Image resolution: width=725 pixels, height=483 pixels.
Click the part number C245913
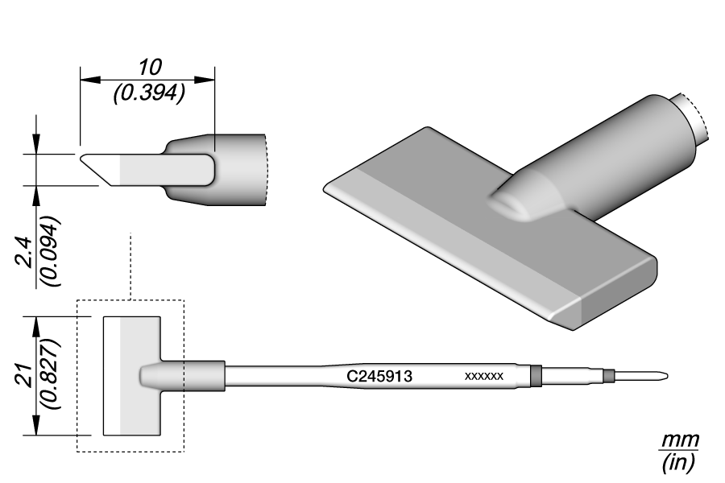pyautogui.click(x=380, y=376)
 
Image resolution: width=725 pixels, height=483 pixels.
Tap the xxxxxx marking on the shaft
pyautogui.click(x=484, y=377)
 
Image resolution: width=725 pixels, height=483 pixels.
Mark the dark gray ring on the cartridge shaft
pyautogui.click(x=536, y=376)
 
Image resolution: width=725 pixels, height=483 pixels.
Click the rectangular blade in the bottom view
pyautogui.click(x=133, y=376)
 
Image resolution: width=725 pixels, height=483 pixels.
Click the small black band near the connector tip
pyautogui.click(x=609, y=375)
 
